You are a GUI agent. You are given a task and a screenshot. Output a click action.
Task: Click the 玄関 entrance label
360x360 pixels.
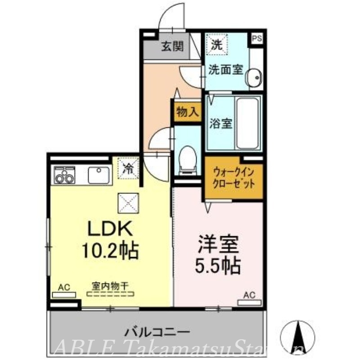click(x=172, y=46)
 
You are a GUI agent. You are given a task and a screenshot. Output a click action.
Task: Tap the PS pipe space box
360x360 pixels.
click(x=256, y=39)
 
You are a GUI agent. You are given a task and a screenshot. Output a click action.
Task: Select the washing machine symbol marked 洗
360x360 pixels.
click(x=217, y=45)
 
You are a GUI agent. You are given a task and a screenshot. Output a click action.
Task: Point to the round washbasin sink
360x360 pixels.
click(x=255, y=78)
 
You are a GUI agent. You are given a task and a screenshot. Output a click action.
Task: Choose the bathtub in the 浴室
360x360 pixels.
click(x=247, y=123)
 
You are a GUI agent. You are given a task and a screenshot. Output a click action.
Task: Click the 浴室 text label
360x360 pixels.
click(x=220, y=123)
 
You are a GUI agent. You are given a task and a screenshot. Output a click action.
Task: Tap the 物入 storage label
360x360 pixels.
click(x=186, y=112)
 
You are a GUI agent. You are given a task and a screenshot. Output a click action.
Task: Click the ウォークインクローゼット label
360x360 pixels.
click(x=234, y=178)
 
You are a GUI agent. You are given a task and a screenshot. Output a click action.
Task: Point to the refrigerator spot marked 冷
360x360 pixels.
click(x=128, y=169)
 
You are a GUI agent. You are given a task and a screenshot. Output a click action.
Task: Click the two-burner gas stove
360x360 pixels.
click(x=64, y=175)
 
